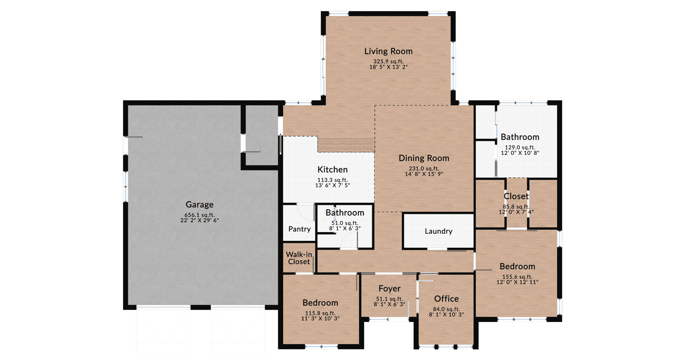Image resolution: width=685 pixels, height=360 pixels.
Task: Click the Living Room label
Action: (x=388, y=51)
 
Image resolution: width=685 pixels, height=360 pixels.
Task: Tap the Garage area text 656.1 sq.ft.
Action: (x=199, y=215)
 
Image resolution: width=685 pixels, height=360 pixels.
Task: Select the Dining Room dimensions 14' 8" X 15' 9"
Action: (x=424, y=174)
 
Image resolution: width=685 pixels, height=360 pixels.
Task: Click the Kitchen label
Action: (x=332, y=169)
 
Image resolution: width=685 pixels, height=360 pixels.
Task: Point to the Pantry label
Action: (x=299, y=229)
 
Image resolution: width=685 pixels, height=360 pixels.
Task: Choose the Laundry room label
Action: (x=438, y=231)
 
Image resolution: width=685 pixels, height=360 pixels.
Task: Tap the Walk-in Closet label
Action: (x=299, y=258)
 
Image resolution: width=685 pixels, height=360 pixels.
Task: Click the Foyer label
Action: (x=389, y=288)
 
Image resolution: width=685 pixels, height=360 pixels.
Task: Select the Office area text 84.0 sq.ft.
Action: (x=446, y=309)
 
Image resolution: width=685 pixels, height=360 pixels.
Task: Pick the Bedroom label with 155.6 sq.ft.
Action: (x=517, y=266)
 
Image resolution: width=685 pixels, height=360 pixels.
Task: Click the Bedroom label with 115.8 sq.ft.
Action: (x=320, y=303)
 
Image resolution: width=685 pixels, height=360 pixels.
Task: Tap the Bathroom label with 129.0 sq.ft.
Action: (x=520, y=137)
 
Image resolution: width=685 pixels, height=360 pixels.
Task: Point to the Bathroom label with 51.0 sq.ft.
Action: (x=345, y=213)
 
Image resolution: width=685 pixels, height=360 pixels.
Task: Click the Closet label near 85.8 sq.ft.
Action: (x=516, y=196)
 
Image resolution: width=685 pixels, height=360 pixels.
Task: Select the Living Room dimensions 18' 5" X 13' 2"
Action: (x=388, y=67)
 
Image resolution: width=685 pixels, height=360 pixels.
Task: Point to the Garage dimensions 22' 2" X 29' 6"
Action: (x=199, y=220)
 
